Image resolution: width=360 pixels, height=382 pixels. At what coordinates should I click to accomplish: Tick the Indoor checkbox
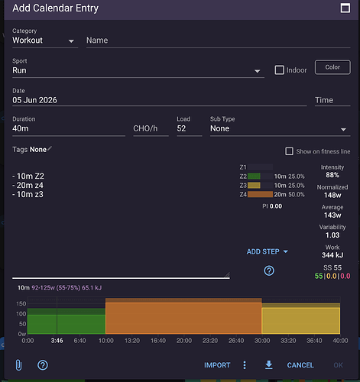coord(279,70)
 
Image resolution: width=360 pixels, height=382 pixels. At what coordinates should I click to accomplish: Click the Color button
coord(332,67)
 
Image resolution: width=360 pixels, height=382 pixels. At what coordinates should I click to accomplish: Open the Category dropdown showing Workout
coord(44,40)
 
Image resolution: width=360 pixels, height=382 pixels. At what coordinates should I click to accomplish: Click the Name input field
coord(218,40)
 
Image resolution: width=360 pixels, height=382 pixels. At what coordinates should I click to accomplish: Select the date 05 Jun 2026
coord(34,100)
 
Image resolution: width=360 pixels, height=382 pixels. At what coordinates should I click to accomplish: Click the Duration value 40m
coord(21,128)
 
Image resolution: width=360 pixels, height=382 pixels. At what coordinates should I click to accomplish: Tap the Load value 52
coord(181,128)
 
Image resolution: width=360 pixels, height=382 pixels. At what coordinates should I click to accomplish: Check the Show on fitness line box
coord(289,151)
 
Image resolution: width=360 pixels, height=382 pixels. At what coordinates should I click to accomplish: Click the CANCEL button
coord(300,365)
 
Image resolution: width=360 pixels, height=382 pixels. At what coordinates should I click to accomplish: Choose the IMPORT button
coord(217,365)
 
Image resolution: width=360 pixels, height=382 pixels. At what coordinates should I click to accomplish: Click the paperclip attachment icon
coord(18,365)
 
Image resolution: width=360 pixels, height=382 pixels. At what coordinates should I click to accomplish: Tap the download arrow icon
coord(269,364)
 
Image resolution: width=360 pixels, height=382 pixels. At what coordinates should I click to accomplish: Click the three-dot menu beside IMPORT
coord(245,365)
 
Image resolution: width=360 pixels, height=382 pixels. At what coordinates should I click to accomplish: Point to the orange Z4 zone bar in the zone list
coord(260,195)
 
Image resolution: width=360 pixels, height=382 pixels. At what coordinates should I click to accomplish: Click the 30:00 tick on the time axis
coord(262,341)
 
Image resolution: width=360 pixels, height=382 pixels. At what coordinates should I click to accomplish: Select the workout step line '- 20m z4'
coord(28,185)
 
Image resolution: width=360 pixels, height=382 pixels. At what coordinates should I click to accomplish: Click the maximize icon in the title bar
coord(345,8)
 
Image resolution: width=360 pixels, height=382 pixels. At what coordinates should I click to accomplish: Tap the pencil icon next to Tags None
coord(50,148)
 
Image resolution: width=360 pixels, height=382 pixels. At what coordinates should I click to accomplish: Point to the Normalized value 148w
coord(332,195)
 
